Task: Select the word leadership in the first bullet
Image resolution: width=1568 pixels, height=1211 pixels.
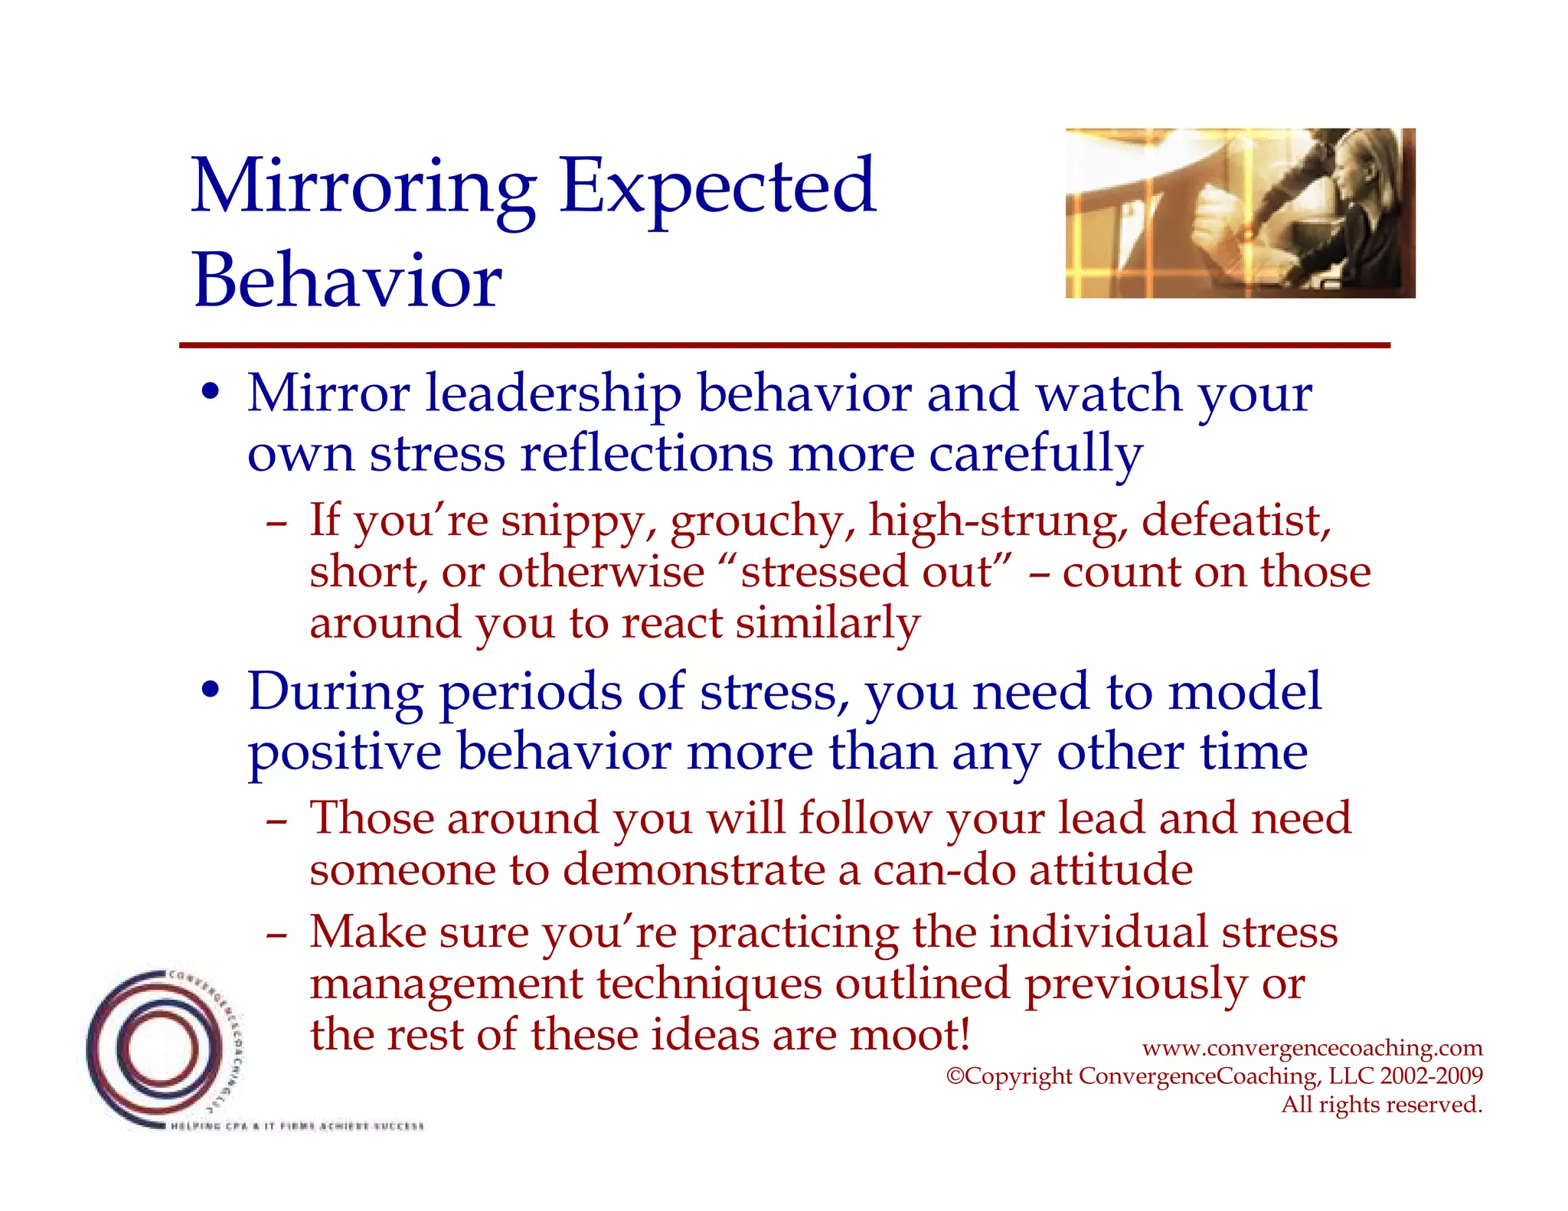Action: point(553,394)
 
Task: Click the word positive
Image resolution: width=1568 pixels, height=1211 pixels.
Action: point(345,753)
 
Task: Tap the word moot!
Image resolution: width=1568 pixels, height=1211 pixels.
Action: point(910,1035)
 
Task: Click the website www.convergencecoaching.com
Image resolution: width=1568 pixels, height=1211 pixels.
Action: point(1312,1047)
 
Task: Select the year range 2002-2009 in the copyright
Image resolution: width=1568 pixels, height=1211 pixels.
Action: point(1431,1076)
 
